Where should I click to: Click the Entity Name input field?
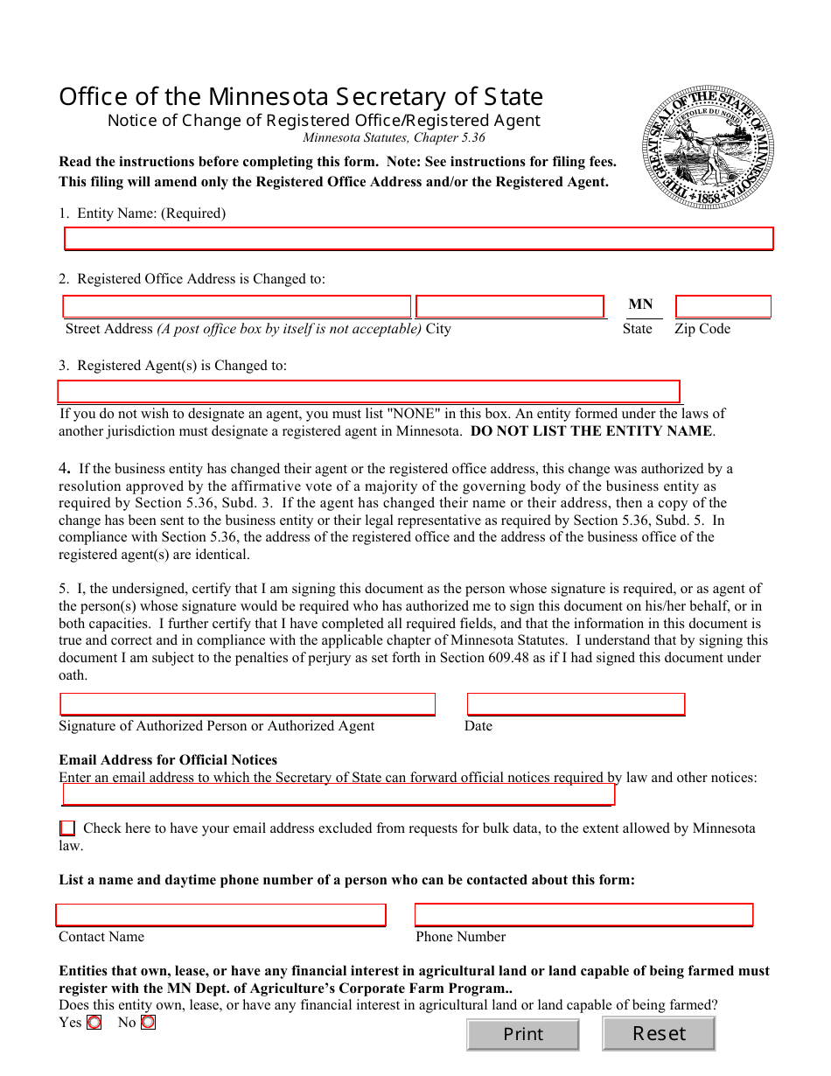(x=419, y=239)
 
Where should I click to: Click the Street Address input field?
(x=236, y=306)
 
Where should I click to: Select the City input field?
(x=510, y=306)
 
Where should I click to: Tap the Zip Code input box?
(x=723, y=306)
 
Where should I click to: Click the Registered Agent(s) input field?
(x=368, y=391)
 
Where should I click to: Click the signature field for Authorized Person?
(x=247, y=704)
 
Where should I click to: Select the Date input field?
(x=576, y=704)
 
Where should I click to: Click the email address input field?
(x=339, y=794)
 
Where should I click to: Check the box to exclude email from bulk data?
(x=67, y=828)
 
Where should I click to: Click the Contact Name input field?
(x=220, y=915)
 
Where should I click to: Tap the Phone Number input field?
(x=583, y=915)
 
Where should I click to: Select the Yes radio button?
(x=94, y=1022)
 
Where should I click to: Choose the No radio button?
(x=148, y=1022)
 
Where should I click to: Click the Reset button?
(x=659, y=1034)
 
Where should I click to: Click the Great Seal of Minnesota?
(x=709, y=147)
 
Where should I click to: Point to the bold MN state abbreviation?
(x=640, y=304)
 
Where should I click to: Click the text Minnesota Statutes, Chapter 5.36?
(x=394, y=137)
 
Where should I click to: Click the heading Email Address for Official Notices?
(x=168, y=759)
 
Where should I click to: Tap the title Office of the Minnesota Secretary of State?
(x=301, y=96)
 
